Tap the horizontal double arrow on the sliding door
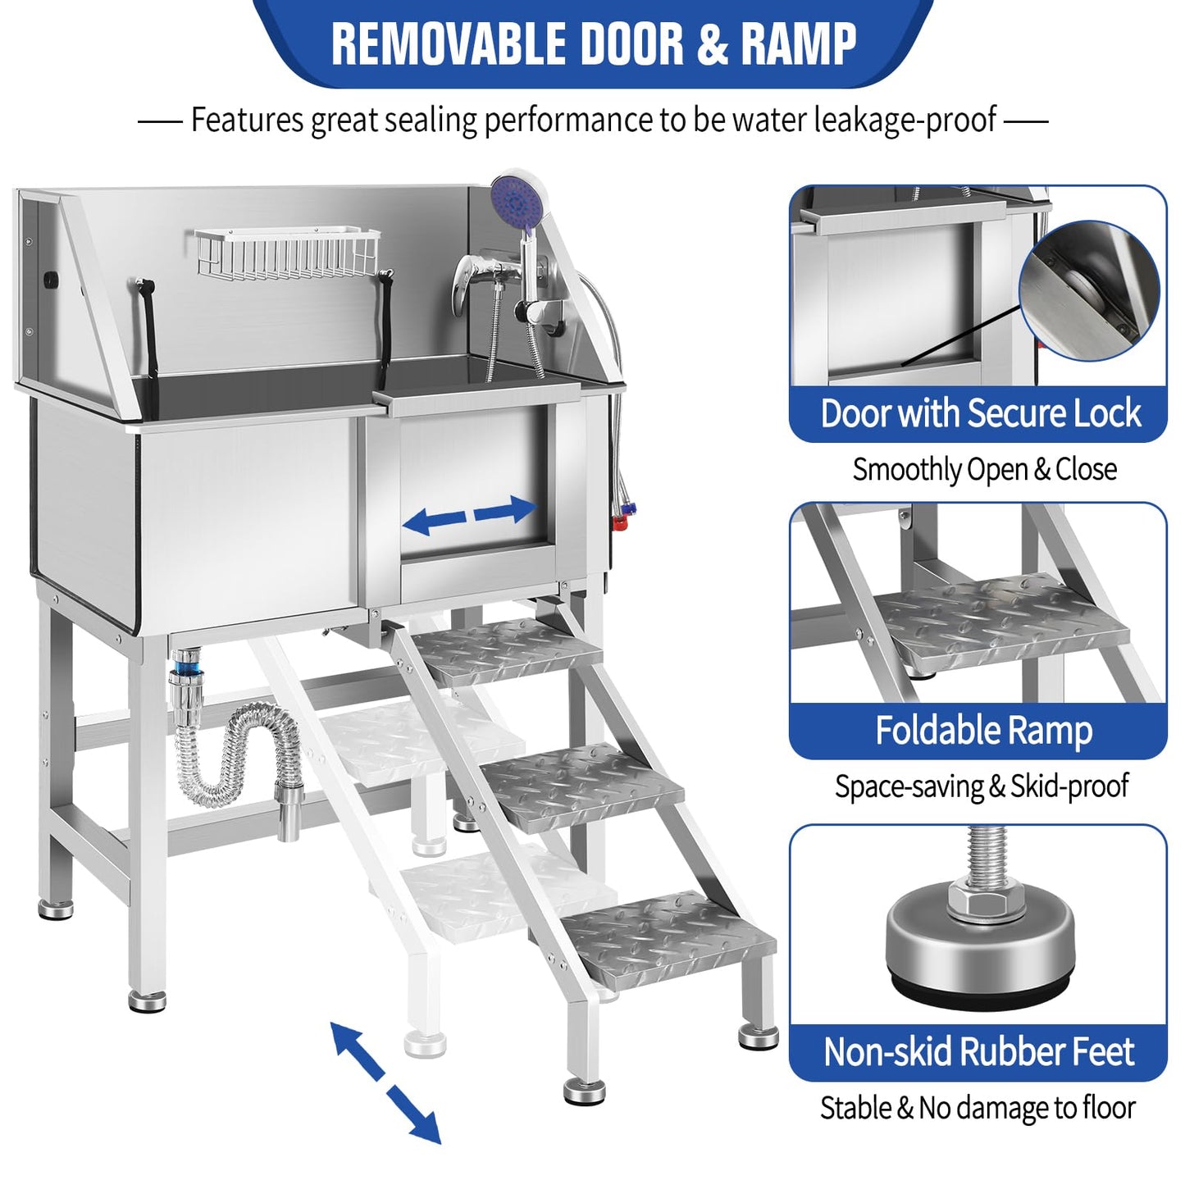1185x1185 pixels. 470,515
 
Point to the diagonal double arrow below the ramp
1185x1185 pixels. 386,1082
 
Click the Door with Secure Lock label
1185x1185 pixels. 980,413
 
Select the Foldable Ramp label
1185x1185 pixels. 982,730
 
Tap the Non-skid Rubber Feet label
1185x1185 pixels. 978,1052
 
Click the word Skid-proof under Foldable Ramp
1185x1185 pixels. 1069,786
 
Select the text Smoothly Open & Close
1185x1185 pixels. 984,470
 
